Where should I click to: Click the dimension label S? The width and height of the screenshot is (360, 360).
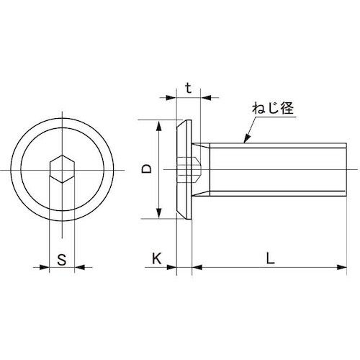(x=62, y=261)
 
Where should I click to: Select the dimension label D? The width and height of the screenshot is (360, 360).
(x=146, y=169)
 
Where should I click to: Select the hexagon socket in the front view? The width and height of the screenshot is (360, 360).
(x=61, y=169)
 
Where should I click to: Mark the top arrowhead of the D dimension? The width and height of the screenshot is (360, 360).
(x=158, y=123)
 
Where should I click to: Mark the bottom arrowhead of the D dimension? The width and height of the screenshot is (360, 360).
(x=158, y=215)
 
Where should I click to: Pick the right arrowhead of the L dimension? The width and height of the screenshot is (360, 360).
(x=339, y=269)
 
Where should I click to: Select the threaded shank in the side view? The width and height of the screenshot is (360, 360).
(x=274, y=169)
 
